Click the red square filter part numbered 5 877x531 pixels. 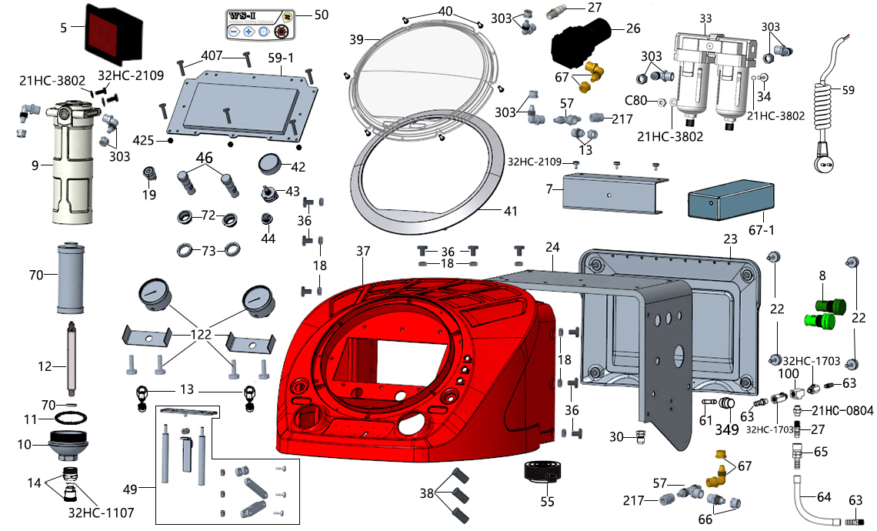[x=115, y=32]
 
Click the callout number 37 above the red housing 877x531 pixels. [x=363, y=251]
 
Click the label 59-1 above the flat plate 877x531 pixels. [x=281, y=58]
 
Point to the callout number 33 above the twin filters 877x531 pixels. [x=705, y=18]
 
